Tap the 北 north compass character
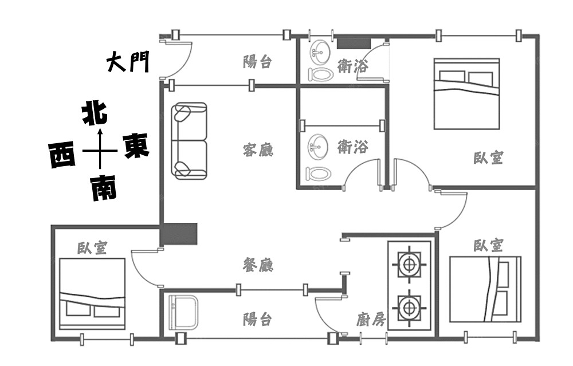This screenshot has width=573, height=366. pos(95,113)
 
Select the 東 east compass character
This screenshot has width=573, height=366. pos(136,145)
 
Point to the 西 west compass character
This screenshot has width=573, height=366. pos(62,155)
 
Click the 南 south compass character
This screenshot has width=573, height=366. pos(104,187)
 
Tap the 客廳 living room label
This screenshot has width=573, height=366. pos(258,149)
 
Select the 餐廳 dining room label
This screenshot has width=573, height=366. pos(258,264)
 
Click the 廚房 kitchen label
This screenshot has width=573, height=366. pos(371,319)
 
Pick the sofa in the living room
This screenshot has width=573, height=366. pos(189,141)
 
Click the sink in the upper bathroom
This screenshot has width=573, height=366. pos(319,52)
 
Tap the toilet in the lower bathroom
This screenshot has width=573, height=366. pos(319,174)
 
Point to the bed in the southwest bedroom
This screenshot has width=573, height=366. pos(92,294)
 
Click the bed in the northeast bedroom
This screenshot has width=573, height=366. pos(466,94)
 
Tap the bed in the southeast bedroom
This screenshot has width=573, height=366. pos(485,289)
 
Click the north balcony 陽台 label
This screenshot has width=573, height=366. pos(258,62)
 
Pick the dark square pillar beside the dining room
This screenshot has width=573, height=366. pos(179,234)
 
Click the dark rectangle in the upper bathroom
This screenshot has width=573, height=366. pos(354,44)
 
